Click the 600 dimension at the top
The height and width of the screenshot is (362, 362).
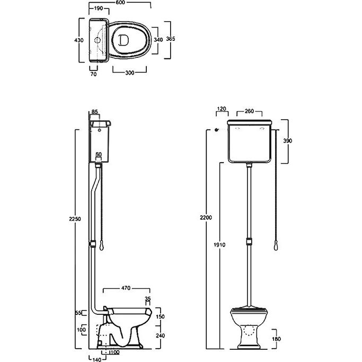(x=120, y=3)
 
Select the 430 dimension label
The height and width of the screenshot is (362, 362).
(x=79, y=40)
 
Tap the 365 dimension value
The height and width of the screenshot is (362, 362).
(x=171, y=39)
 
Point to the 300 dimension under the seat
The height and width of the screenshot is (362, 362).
(x=129, y=73)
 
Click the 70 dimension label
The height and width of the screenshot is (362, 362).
(x=93, y=74)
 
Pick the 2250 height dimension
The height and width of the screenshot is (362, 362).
(x=75, y=219)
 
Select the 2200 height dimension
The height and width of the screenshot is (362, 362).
(x=206, y=217)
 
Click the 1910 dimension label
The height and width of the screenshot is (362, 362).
(x=219, y=245)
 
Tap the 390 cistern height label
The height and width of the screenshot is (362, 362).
(x=288, y=140)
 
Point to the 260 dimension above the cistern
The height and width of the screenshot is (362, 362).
(x=249, y=111)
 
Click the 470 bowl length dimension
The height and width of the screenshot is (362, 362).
(x=126, y=288)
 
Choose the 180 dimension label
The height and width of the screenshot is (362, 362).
(x=276, y=339)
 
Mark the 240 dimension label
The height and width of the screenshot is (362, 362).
(x=160, y=335)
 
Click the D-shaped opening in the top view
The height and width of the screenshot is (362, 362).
(x=123, y=40)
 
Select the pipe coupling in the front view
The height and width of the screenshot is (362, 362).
(x=249, y=242)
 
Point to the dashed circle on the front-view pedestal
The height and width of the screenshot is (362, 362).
(x=249, y=330)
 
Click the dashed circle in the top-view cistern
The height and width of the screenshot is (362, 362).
(x=98, y=40)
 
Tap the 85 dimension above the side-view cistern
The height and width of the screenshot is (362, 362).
(x=95, y=112)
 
